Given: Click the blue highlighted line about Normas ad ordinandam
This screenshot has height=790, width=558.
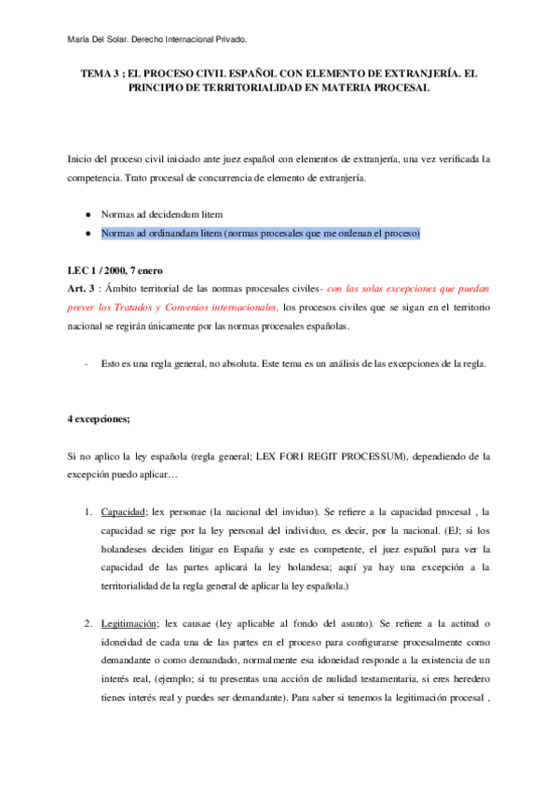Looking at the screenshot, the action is click(x=262, y=233).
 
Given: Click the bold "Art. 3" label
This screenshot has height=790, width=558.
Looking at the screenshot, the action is click(x=84, y=289).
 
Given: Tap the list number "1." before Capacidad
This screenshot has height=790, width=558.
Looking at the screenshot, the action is click(x=88, y=512).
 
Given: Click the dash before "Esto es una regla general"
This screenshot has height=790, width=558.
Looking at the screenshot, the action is click(x=86, y=362).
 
